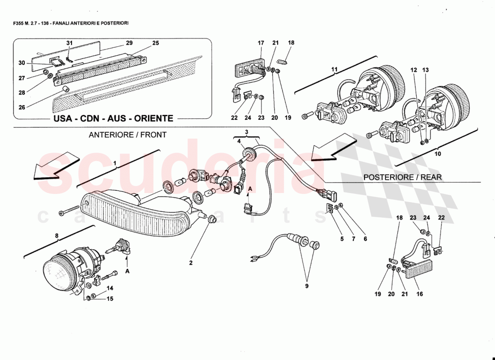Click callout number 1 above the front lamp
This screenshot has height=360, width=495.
[x=115, y=162]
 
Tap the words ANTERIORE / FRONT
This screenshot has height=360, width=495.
[x=127, y=135]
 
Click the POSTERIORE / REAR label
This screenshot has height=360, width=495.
[x=402, y=177]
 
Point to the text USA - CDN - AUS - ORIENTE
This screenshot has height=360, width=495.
[x=113, y=119]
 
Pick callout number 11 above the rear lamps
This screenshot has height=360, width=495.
[x=334, y=69]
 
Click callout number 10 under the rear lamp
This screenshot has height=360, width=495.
[x=438, y=153]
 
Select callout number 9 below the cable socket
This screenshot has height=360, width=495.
[x=306, y=286]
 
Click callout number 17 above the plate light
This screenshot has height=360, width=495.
[x=261, y=43]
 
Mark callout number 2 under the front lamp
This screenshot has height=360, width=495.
[x=191, y=263]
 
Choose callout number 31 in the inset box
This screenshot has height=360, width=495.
[x=69, y=43]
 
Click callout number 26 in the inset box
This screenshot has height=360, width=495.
[x=22, y=107]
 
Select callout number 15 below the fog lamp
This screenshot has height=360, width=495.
[x=110, y=298]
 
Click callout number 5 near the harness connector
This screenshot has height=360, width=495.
[x=342, y=239]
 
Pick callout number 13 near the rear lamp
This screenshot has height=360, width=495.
[x=426, y=70]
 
